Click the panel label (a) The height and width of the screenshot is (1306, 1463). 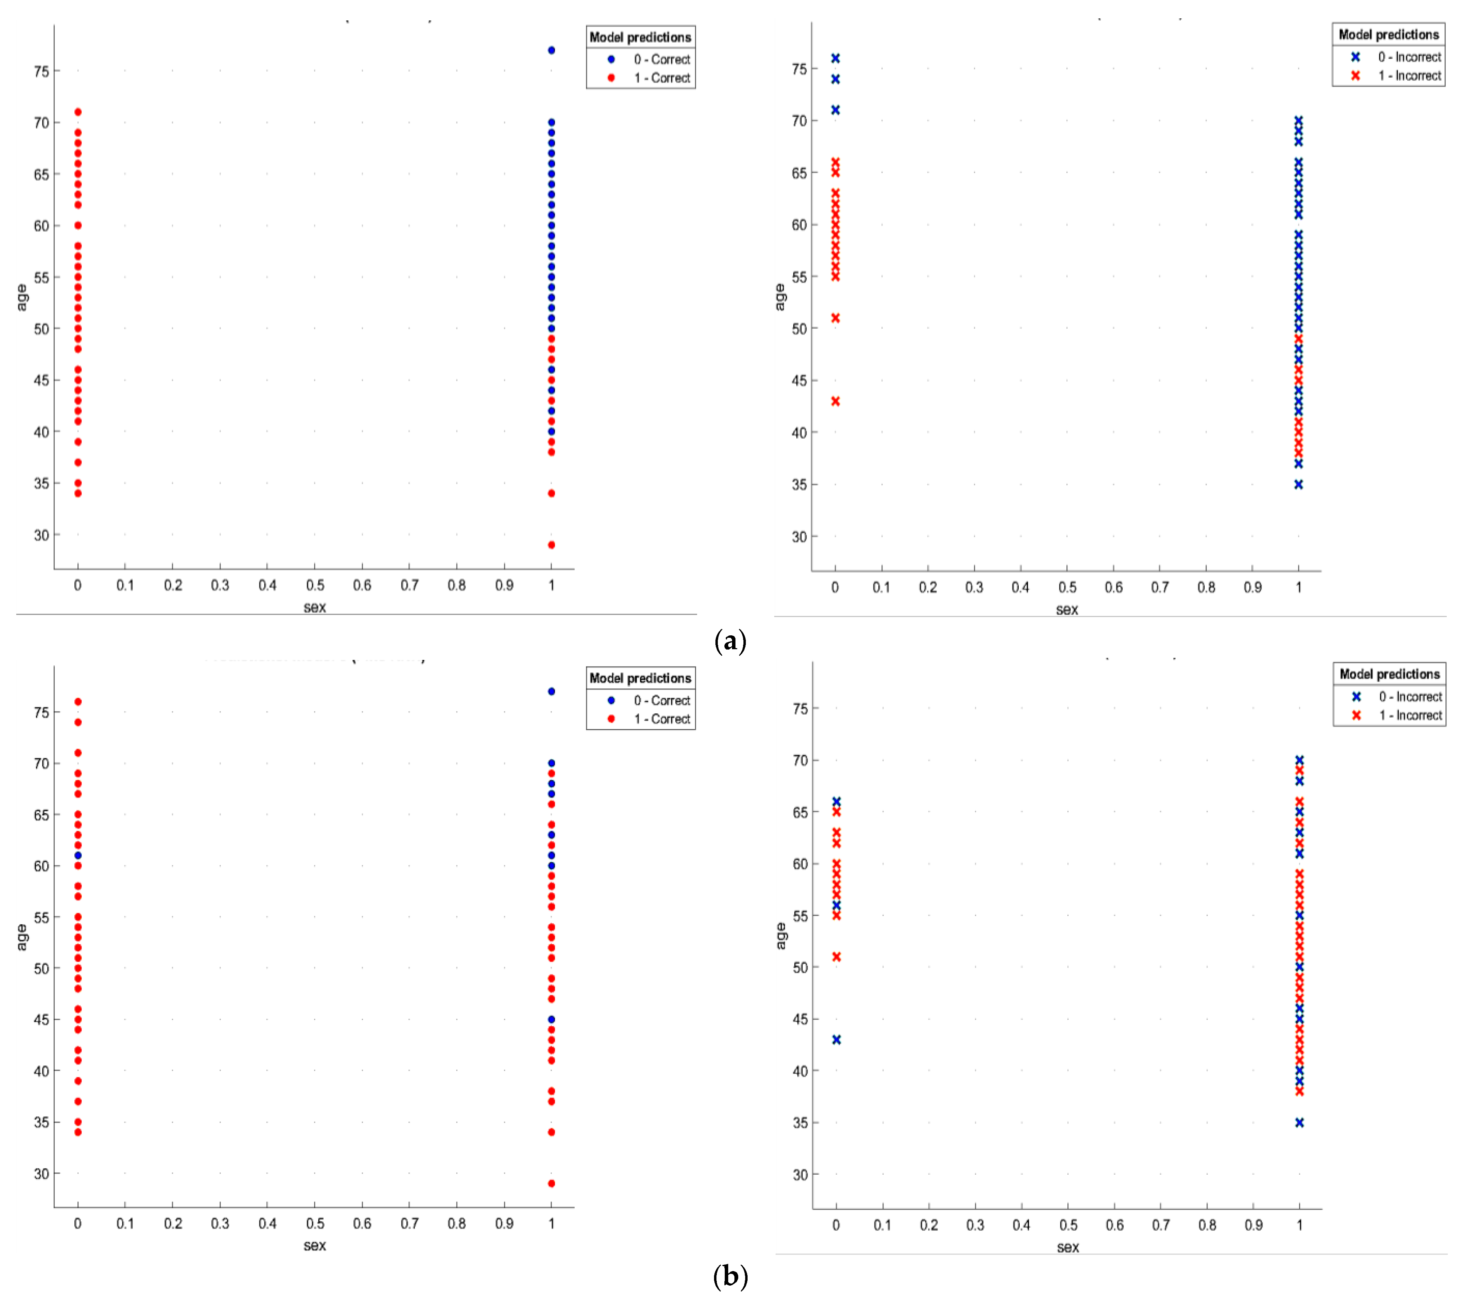(731, 641)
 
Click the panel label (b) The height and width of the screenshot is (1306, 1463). (731, 1277)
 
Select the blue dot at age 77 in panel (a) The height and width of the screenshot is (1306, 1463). (551, 50)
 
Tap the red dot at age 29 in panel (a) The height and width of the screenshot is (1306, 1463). (551, 545)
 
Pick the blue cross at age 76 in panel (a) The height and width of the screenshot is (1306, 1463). (835, 58)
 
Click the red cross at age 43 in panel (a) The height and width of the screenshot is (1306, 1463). (835, 401)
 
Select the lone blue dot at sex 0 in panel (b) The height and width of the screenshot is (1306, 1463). (77, 855)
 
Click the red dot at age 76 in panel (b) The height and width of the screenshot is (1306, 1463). (77, 702)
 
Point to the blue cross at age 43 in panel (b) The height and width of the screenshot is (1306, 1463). (836, 1040)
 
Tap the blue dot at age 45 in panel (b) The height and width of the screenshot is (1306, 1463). (551, 1019)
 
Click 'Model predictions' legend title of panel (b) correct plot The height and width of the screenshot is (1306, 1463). (640, 678)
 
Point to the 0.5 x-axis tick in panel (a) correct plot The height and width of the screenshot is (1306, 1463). (315, 586)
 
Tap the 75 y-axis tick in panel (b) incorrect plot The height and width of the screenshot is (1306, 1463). (800, 709)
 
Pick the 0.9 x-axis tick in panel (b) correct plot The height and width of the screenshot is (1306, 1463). (504, 1223)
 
